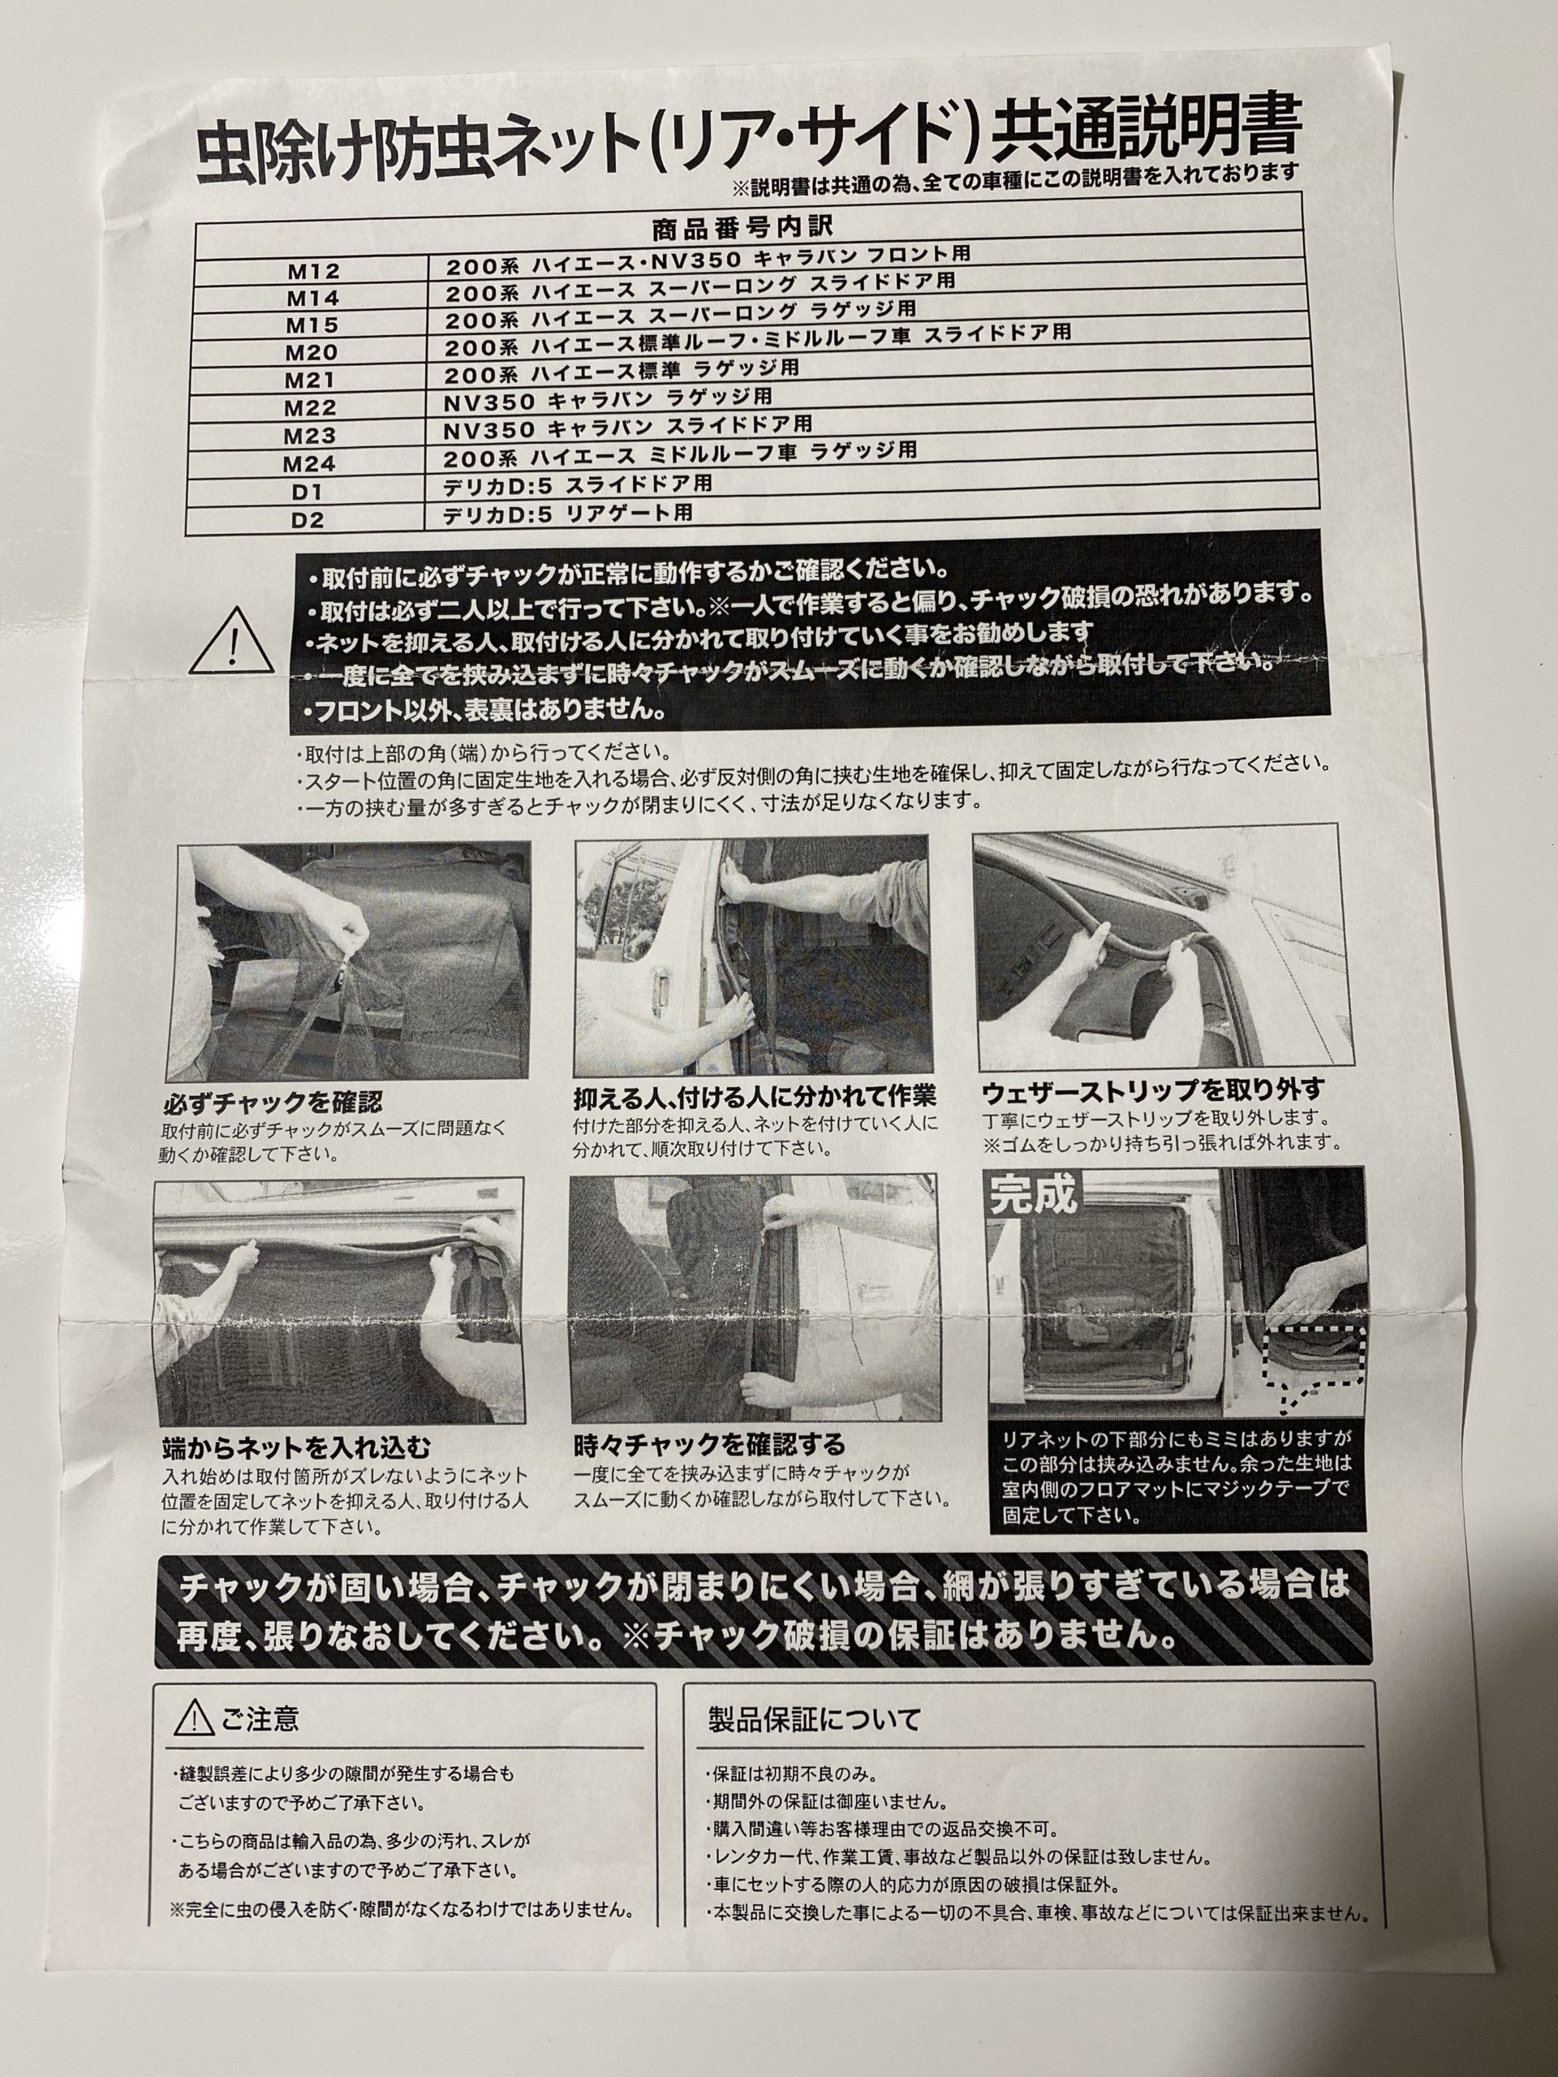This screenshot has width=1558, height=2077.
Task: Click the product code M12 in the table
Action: point(314,271)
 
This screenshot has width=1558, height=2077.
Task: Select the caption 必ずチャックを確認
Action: point(273,1099)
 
